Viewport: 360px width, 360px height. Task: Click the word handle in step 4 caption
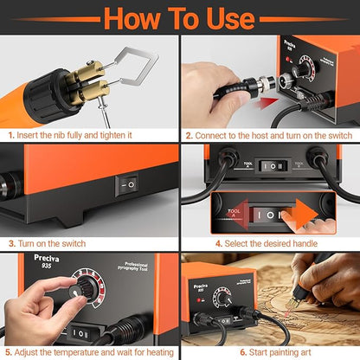(298, 244)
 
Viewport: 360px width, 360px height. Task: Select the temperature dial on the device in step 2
(305, 69)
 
